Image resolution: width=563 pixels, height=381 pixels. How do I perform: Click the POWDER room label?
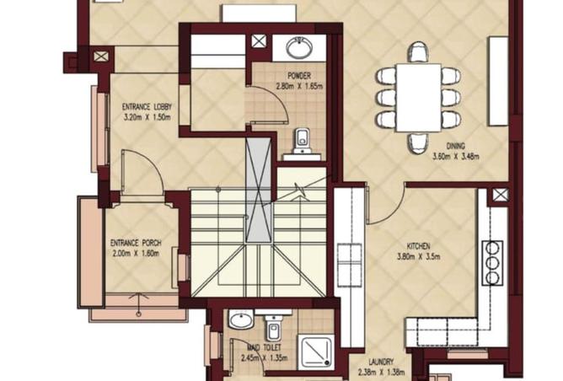[299, 76]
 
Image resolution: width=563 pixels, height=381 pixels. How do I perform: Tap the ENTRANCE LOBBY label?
[147, 107]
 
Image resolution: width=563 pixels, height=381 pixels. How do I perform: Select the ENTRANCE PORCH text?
[136, 243]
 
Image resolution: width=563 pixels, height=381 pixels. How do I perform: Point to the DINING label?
[456, 146]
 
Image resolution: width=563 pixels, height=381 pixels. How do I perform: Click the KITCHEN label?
[418, 246]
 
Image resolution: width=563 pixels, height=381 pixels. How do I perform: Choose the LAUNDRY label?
[381, 362]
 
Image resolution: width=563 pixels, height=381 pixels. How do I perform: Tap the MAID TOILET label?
[265, 347]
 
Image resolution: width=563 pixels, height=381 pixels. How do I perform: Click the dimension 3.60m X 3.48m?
[456, 157]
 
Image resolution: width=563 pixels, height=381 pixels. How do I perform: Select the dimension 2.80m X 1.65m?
[299, 86]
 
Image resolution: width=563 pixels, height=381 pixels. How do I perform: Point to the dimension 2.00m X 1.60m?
[136, 254]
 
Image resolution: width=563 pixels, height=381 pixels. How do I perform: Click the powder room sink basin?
[298, 47]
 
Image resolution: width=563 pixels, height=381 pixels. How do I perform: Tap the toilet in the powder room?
[302, 141]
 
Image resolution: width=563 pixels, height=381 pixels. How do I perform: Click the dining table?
[419, 97]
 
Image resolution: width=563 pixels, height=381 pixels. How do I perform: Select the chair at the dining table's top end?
[419, 52]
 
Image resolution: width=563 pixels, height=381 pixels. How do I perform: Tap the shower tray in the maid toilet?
[315, 351]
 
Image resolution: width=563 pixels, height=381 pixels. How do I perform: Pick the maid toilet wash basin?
[241, 319]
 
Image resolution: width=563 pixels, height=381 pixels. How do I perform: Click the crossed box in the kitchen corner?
[500, 195]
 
